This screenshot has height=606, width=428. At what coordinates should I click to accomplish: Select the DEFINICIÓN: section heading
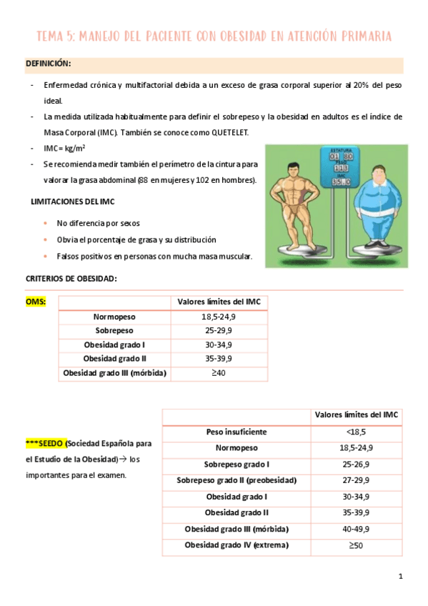point(48,64)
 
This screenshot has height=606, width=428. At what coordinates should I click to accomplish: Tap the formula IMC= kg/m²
point(65,148)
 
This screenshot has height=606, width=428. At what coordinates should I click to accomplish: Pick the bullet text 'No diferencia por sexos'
point(97,223)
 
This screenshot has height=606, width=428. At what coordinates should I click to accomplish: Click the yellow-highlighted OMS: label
point(36,302)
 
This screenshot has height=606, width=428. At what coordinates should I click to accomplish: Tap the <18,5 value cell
point(355,432)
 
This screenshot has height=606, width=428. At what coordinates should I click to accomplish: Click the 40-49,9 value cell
point(355,529)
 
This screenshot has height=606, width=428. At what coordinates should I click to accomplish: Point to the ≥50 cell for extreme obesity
point(355,545)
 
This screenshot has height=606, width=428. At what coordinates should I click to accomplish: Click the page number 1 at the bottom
point(401,577)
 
